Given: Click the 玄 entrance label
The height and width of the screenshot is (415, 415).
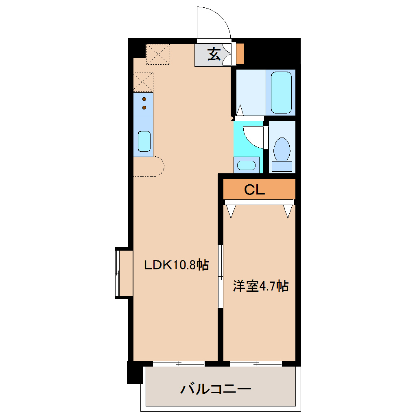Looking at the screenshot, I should pos(214,54).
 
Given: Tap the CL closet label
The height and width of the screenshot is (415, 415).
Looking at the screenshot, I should pos(254,190).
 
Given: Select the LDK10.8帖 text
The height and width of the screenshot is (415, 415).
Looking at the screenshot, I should pos(177,265).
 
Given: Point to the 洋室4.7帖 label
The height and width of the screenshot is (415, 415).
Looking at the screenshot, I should pos(260,286).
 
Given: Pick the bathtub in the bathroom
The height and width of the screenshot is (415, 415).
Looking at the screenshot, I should pos(281,92).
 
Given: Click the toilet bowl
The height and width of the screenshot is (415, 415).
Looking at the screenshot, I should pos(282,150).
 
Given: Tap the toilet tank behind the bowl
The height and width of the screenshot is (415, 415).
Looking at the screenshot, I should pos(282,166).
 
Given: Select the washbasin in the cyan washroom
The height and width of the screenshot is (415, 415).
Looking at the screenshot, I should pos(246,165).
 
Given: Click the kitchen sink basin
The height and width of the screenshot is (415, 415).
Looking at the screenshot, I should pos(144,141).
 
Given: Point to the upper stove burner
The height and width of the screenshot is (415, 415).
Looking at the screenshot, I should pos(144,99).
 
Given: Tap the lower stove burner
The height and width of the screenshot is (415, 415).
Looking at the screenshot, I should pos(144,107).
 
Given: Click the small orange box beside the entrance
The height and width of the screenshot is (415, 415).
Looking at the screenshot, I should pos(240,53).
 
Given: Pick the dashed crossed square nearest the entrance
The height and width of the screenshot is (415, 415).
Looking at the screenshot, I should pos(158,54).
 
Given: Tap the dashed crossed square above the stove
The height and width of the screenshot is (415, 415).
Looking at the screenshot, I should pos(143,82).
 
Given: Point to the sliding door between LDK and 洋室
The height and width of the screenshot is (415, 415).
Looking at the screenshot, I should pos(221,277).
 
